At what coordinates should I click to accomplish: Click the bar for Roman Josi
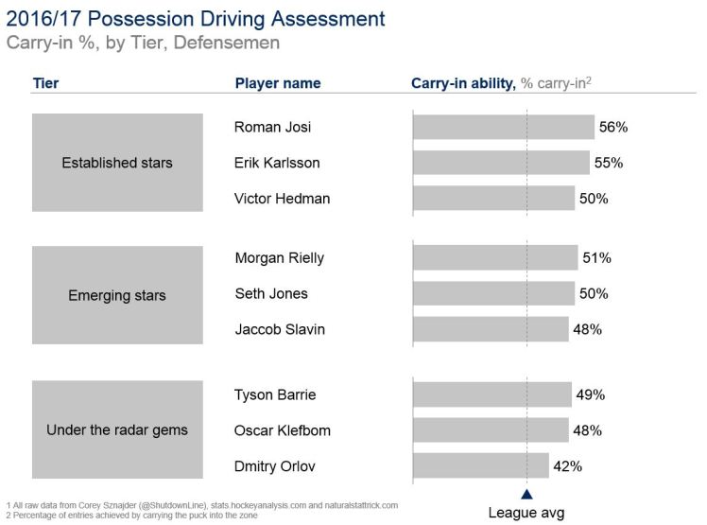pyautogui.click(x=503, y=127)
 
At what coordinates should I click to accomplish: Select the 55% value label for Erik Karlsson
pyautogui.click(x=609, y=163)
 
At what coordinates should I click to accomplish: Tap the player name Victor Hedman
pyautogui.click(x=282, y=199)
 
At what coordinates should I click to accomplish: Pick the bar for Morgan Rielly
pyautogui.click(x=495, y=257)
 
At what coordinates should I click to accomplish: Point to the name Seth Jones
pyautogui.click(x=271, y=293)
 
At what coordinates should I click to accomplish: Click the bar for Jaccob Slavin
pyautogui.click(x=491, y=329)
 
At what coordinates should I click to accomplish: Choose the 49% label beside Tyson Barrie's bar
pyautogui.click(x=591, y=394)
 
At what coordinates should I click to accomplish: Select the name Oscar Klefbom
pyautogui.click(x=283, y=430)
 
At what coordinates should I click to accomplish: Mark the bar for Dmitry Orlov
pyautogui.click(x=480, y=465)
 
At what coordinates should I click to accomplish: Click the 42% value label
pyautogui.click(x=568, y=466)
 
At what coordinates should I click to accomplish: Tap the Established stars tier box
pyautogui.click(x=117, y=163)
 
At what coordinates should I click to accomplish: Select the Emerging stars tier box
pyautogui.click(x=117, y=295)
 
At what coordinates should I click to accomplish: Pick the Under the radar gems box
pyautogui.click(x=117, y=429)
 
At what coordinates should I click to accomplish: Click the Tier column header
pyautogui.click(x=45, y=83)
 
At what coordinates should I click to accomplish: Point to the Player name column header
pyautogui.click(x=278, y=83)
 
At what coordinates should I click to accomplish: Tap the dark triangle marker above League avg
pyautogui.click(x=526, y=494)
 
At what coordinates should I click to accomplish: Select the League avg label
pyautogui.click(x=526, y=513)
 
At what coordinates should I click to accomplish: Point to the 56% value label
pyautogui.click(x=613, y=127)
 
